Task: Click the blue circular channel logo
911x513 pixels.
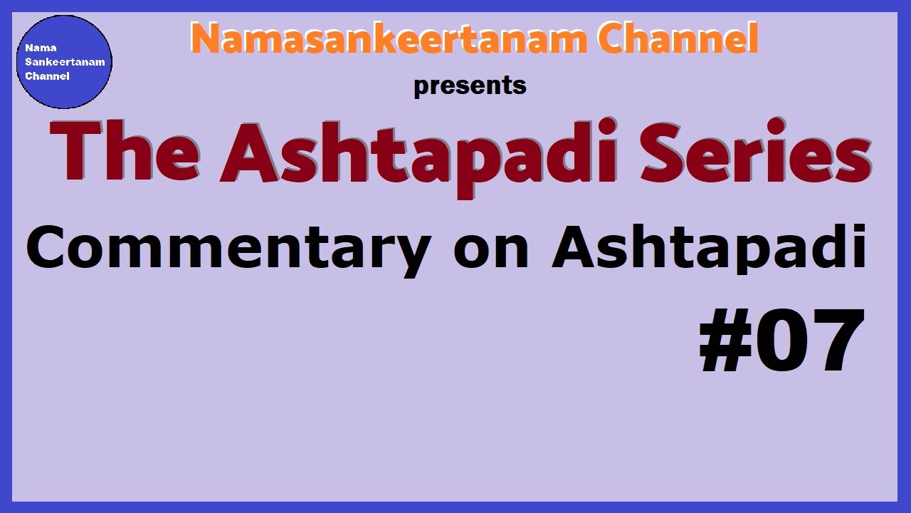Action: point(64,62)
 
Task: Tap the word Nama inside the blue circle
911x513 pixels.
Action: point(36,48)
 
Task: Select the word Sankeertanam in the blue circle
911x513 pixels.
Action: point(64,62)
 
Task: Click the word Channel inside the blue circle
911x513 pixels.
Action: point(47,76)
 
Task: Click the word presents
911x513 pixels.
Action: point(470,86)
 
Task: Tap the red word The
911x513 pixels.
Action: point(125,153)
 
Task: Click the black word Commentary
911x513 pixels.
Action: point(228,248)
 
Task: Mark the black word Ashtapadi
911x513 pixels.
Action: point(709,248)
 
